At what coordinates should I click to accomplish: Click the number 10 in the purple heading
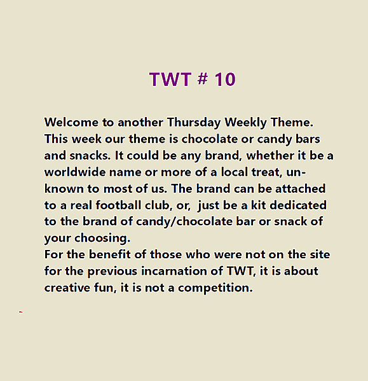(225, 80)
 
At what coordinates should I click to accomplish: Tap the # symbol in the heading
(201, 80)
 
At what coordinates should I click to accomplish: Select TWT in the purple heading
(170, 80)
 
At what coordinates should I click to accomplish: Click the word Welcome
(71, 121)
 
